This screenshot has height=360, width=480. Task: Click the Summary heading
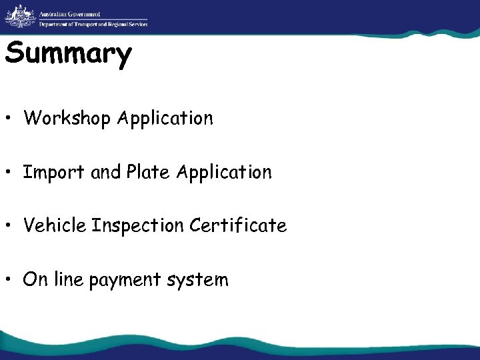(x=69, y=55)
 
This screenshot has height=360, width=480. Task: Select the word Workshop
(x=67, y=119)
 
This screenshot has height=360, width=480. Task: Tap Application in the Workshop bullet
(x=165, y=119)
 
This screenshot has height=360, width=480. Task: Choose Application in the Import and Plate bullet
(x=224, y=173)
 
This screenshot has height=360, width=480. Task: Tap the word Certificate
(x=238, y=226)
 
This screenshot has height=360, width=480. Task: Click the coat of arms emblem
(x=19, y=15)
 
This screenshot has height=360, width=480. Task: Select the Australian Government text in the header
(x=69, y=13)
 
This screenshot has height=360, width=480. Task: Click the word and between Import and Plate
(x=105, y=173)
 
